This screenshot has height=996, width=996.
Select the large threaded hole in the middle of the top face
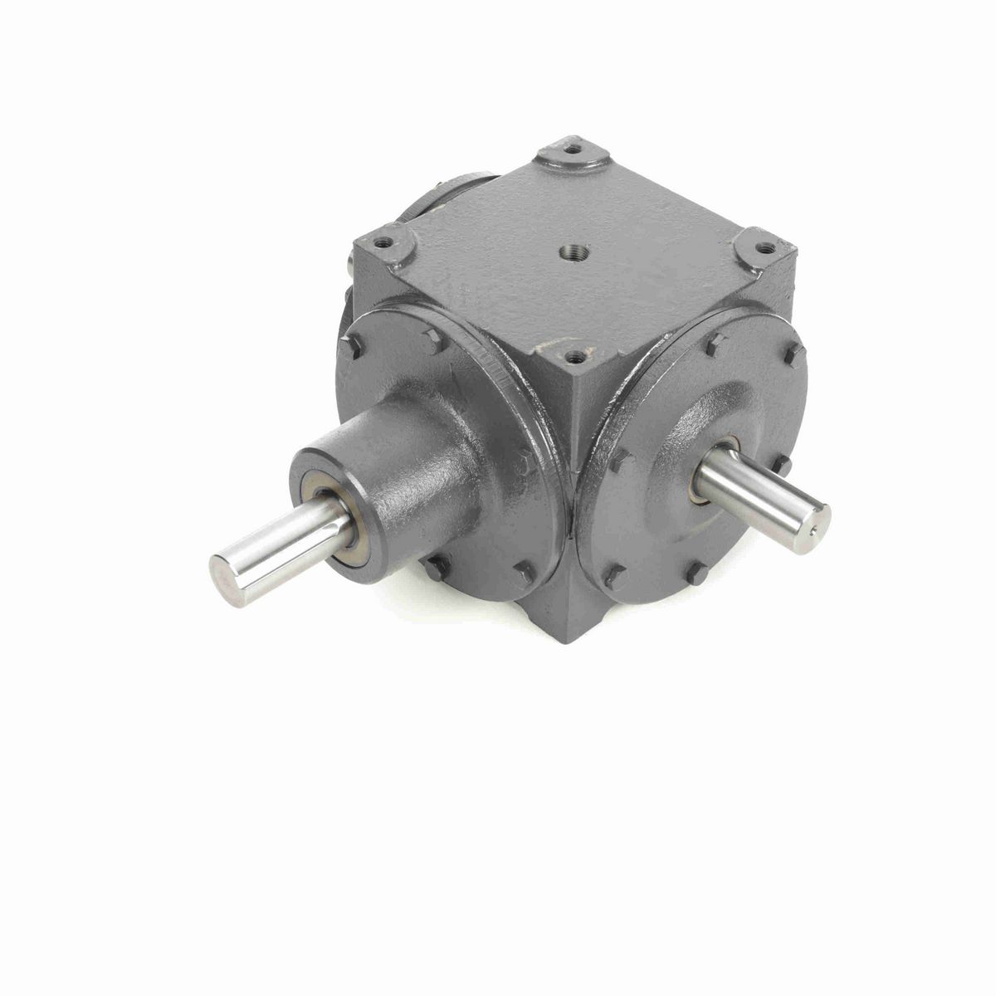click(x=574, y=250)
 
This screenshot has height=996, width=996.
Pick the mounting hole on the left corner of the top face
click(x=383, y=244)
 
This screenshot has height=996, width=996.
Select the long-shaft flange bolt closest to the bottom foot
click(x=524, y=574)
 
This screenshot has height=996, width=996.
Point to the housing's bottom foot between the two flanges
click(x=570, y=614)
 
